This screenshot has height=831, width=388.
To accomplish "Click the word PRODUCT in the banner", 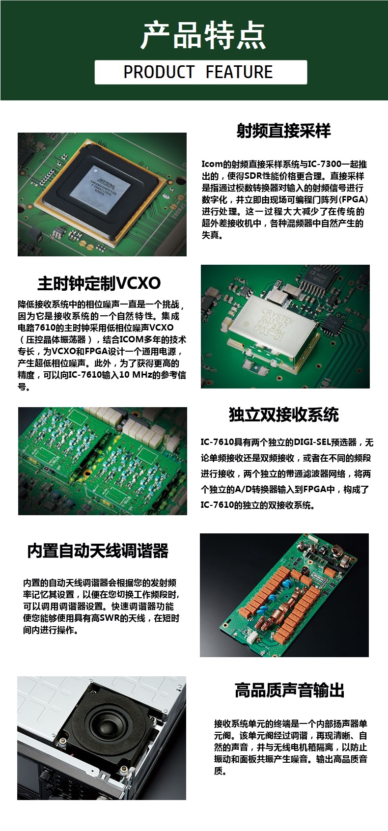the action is coord(159,72).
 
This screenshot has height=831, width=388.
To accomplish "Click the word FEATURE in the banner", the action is coord(239,72).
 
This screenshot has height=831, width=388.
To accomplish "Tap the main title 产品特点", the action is coord(203,36).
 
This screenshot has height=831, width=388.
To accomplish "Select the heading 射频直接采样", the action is coord(284,131).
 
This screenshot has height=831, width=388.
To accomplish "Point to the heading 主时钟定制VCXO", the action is coord(99,283).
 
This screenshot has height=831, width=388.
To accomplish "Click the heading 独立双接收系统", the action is coord(284,415).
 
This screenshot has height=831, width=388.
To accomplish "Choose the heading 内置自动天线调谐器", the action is coord(98,551).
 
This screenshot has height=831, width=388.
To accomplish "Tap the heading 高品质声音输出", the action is coord(290,690).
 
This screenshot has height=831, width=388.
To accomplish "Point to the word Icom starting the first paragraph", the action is coord(212,165).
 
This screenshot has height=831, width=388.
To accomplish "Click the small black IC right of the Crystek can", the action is coord(331,326).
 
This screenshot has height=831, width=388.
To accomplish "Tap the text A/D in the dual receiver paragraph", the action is coord(244,490).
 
